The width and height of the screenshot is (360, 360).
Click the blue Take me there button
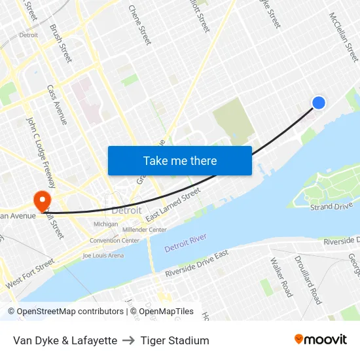180,160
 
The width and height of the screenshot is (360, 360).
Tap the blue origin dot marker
319,103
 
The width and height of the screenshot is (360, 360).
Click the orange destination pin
43,200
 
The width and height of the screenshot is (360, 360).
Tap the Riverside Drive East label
197,262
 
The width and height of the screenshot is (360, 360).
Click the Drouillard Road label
308,279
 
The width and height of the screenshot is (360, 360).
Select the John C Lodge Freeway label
41,150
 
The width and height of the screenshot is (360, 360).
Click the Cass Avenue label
57,105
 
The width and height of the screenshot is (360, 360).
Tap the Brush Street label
61,44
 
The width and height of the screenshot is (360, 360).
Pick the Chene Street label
140,25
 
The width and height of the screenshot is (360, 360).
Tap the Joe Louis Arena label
103,255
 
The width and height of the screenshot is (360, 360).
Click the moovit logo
321,340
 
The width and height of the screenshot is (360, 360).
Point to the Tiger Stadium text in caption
175,340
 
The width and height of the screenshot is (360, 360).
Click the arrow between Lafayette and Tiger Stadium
129,340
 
